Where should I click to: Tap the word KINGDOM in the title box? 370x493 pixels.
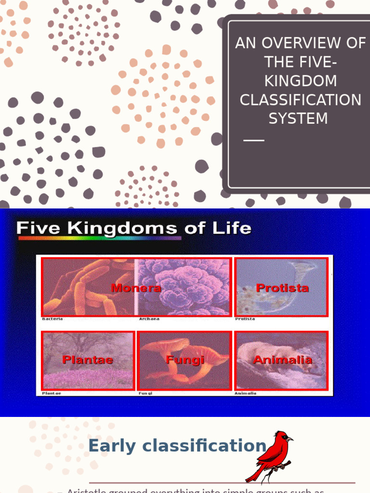coord(301,81)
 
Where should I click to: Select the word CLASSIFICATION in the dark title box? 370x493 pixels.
coord(301,100)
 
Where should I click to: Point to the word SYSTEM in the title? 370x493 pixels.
coord(298,118)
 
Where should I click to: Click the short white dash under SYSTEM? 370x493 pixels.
coord(254,140)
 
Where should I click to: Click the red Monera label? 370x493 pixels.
coord(136,288)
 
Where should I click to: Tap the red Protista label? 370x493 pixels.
coord(282,288)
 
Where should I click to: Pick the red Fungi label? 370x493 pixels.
coord(185,360)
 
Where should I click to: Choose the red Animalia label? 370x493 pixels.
coord(283,360)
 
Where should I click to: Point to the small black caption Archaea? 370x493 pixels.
coord(149,319)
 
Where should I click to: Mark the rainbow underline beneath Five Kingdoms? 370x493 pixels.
coord(99,237)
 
